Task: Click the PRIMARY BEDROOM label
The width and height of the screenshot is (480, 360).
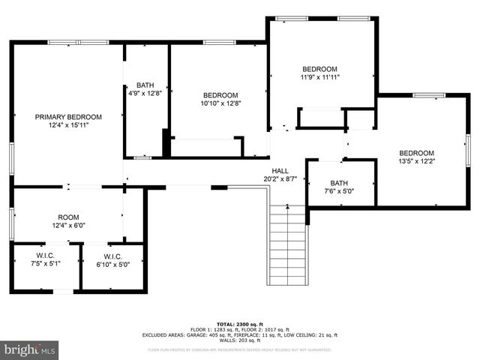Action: pyautogui.click(x=68, y=117)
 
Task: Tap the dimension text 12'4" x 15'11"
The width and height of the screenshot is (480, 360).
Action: pyautogui.click(x=68, y=125)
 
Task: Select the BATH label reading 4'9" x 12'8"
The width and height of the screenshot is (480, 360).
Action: pyautogui.click(x=145, y=85)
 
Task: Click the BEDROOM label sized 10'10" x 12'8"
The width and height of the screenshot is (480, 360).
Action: pyautogui.click(x=220, y=95)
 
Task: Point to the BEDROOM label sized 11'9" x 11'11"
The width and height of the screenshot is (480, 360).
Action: pyautogui.click(x=319, y=68)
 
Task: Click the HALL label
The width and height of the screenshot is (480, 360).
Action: pyautogui.click(x=280, y=170)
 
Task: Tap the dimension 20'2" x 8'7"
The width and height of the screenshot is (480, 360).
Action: pyautogui.click(x=280, y=178)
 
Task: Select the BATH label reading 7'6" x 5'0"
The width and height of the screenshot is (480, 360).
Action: pyautogui.click(x=339, y=183)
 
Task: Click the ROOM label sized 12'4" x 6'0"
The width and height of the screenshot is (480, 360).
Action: pyautogui.click(x=68, y=217)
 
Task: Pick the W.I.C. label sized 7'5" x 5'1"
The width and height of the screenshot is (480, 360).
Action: pyautogui.click(x=44, y=256)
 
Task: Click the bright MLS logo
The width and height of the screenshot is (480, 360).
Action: pyautogui.click(x=30, y=349)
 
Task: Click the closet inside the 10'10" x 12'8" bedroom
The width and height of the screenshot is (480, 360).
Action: pyautogui.click(x=206, y=147)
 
